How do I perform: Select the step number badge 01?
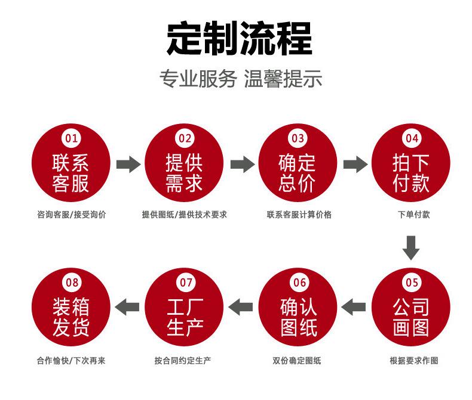pos(71,139)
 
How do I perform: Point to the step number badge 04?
pos(412,139)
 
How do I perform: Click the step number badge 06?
pos(299,282)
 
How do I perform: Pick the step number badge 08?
pos(71,282)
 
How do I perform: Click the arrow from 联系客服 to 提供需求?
pos(128,164)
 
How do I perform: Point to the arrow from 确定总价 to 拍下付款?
pos(355,164)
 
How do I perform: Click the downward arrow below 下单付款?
pos(410,247)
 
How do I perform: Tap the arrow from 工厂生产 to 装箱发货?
pos(127,307)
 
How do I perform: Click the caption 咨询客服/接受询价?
pos(71,215)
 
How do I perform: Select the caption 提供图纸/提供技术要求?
pos(184,215)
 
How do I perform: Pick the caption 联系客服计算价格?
pos(299,215)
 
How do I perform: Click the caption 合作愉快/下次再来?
pos(71,361)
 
